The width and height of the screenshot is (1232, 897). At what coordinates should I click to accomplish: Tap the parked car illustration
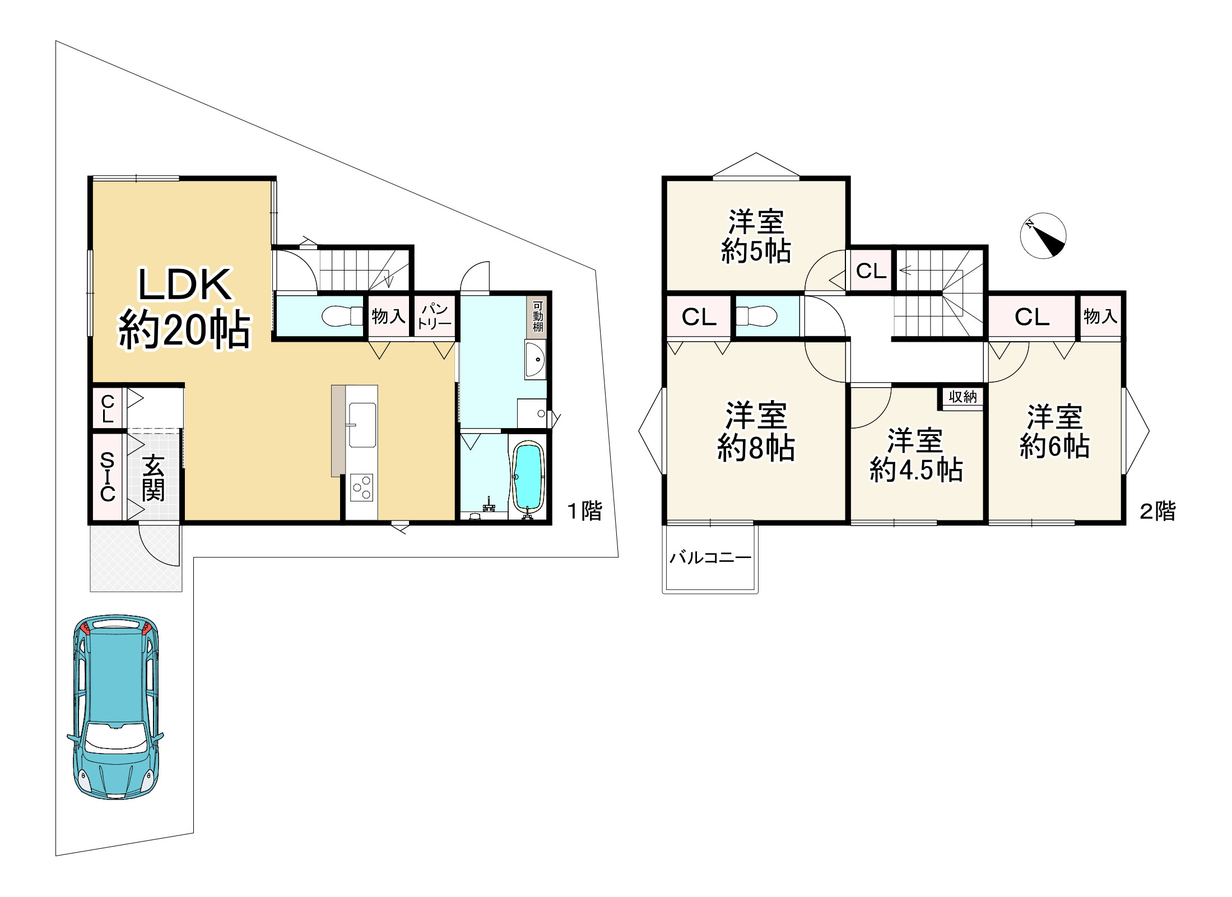click(x=116, y=707)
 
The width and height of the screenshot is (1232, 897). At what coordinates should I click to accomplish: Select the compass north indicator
click(x=1043, y=235)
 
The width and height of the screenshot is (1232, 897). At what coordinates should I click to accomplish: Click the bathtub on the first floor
click(x=528, y=476)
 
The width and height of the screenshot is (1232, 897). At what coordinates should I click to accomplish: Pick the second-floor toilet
click(x=756, y=316)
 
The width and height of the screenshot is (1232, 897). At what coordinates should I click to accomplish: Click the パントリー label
click(x=435, y=316)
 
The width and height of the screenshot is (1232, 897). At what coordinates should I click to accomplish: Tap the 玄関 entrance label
click(x=153, y=478)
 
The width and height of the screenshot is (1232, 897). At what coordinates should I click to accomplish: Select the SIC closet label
click(x=107, y=477)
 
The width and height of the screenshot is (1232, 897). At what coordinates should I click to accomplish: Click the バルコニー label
click(x=710, y=557)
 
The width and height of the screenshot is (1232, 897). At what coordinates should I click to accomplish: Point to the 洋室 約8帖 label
click(x=756, y=431)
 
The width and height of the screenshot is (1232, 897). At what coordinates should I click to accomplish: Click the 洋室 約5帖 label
click(x=756, y=236)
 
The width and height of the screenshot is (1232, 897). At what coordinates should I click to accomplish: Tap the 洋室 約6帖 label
click(x=1054, y=431)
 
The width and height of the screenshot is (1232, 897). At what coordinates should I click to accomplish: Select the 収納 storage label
click(x=963, y=397)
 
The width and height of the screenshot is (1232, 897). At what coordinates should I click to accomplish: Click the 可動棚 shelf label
click(x=538, y=317)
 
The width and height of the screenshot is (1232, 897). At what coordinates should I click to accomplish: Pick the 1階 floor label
click(x=584, y=511)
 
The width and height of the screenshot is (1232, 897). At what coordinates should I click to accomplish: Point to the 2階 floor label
click(x=1157, y=511)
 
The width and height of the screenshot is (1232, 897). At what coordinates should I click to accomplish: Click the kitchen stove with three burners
click(x=362, y=487)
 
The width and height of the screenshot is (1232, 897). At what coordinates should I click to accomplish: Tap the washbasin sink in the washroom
click(x=535, y=360)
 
